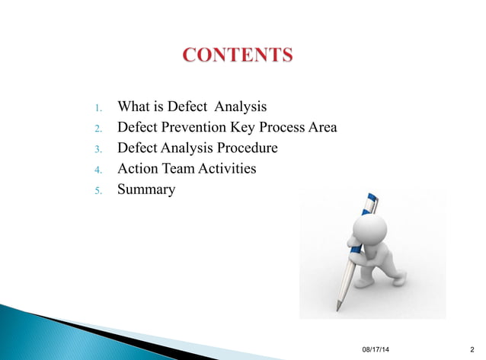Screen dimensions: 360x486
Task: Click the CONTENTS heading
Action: point(238,56)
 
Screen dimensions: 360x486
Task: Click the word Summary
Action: point(145,189)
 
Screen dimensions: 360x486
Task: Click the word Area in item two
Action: point(321,127)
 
